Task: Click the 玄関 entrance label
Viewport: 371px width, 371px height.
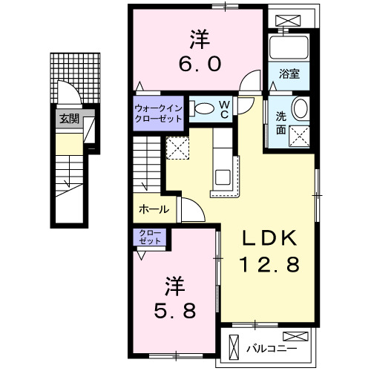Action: coord(69,119)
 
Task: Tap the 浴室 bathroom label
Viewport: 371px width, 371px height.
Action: coord(289,73)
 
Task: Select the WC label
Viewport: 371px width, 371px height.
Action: coord(224,110)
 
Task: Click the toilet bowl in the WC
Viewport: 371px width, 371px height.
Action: coord(204,108)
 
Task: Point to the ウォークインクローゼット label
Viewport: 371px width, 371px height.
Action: coord(158,114)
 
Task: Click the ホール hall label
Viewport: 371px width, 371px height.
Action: coord(154,210)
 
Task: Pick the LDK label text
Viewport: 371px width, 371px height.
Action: coord(269,237)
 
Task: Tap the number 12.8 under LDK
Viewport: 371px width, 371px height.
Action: coord(269,264)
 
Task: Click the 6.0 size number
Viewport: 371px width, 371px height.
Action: coord(200,64)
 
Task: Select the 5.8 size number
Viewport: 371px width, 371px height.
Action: coord(175,311)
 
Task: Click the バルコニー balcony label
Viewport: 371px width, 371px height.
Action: coord(272,349)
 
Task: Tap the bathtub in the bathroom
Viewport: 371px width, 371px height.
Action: coord(289,47)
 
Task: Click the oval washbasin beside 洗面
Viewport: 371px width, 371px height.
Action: coord(301,108)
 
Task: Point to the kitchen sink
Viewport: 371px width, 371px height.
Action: coord(223,177)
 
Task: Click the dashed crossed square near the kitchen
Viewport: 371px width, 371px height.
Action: coord(177,148)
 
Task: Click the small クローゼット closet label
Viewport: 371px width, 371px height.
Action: coord(150,237)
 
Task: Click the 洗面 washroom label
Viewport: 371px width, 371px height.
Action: coord(281,123)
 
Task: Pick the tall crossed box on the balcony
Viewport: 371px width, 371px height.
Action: coord(234,348)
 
